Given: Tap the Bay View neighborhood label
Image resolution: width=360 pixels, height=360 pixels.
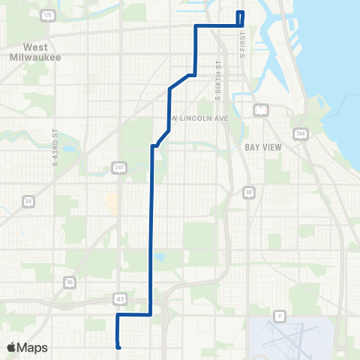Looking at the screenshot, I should coord(263,147).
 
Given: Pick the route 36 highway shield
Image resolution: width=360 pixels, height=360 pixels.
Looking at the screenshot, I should coord(70,282).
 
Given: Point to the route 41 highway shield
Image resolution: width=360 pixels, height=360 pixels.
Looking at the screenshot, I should coord(120,299).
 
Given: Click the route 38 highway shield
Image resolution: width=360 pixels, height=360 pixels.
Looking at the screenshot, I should coord(249,193).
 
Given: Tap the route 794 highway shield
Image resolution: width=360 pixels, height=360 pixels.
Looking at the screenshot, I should coord(301,133).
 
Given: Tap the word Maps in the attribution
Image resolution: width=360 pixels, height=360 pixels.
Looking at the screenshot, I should coord(33,347).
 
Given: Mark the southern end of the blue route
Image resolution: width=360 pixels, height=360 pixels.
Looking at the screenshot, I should coord(118,346).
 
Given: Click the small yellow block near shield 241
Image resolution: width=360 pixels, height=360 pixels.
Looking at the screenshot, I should coord(111,201).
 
